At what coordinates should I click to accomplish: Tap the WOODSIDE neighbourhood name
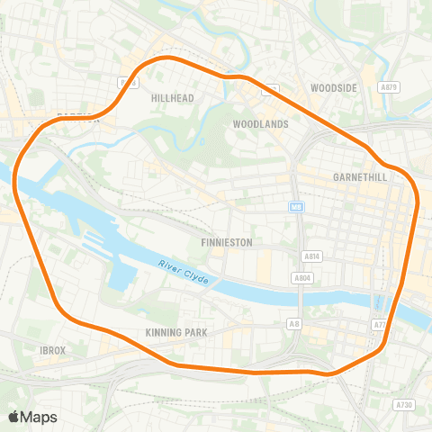tap(334, 87)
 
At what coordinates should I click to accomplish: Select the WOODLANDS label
tap(260, 123)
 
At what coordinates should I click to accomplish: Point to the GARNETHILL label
tap(359, 177)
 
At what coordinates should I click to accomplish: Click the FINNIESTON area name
tap(226, 243)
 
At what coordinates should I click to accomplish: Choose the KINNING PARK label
tap(176, 332)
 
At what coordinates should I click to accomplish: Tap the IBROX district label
tap(53, 349)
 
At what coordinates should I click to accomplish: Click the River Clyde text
tap(183, 274)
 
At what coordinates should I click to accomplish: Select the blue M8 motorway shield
tap(295, 207)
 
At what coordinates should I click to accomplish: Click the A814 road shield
tap(311, 256)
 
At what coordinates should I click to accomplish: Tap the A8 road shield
tap(293, 322)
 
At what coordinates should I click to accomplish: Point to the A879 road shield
tap(388, 87)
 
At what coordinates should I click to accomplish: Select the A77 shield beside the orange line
tap(379, 323)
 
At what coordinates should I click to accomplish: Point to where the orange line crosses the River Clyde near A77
tap(397, 298)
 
